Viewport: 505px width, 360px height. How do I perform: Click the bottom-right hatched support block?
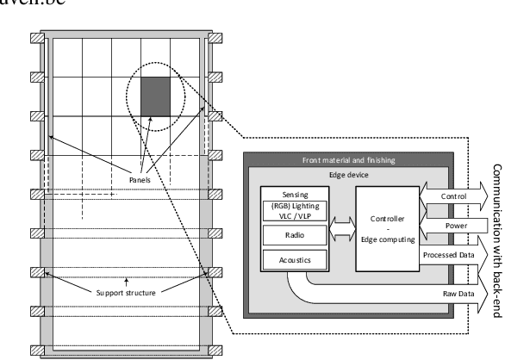click(x=216, y=351)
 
